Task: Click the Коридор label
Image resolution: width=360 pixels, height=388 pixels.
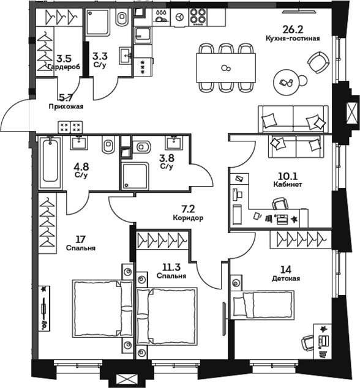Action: [187, 217]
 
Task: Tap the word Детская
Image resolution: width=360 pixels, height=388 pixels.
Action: [287, 278]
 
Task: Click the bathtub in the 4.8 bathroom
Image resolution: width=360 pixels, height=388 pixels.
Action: [50, 162]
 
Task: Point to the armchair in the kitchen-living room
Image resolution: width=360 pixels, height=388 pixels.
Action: [318, 61]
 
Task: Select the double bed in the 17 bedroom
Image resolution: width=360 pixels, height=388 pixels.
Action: [102, 305]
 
